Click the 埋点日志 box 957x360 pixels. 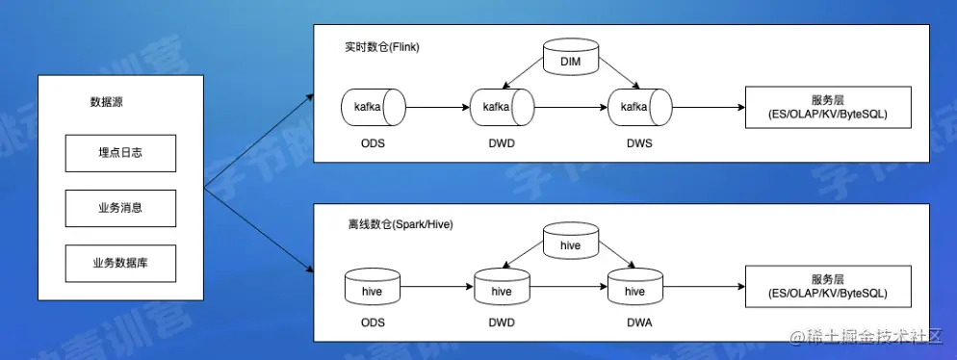(x=121, y=153)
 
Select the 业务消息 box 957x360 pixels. (x=121, y=208)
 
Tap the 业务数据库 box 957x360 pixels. (x=121, y=264)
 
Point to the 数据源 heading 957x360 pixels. (x=107, y=102)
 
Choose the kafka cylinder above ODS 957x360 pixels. (x=374, y=108)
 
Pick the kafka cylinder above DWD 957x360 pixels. (x=503, y=108)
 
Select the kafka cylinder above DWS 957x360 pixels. (x=639, y=108)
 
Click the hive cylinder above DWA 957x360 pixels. (x=635, y=287)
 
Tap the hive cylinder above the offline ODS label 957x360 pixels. (x=373, y=287)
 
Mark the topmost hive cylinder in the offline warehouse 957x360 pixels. (x=571, y=241)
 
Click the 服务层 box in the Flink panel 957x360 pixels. (x=828, y=108)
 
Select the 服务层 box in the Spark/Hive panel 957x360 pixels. (x=828, y=287)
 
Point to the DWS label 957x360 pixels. (x=639, y=144)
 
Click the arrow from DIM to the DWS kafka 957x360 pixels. (x=618, y=71)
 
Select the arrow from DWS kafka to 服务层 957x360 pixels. (x=709, y=108)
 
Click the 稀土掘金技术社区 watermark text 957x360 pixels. (x=866, y=336)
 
